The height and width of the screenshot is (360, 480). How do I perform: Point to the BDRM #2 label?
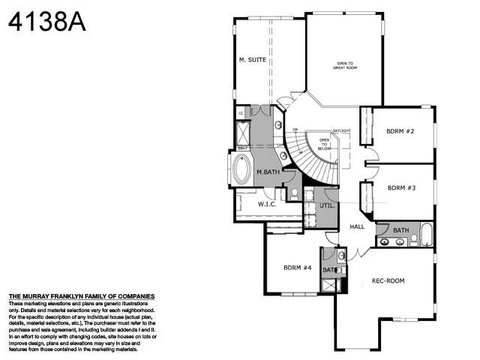pos(400,130)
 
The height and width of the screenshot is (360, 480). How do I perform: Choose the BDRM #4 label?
pos(297,267)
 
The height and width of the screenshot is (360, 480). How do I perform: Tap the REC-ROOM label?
pos(388,281)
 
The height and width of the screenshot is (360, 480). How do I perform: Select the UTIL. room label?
pos(327,205)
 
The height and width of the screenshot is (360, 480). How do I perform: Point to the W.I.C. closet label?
pos(268,203)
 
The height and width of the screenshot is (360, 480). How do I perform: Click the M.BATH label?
pos(268,172)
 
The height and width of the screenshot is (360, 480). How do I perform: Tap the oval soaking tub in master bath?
pos(242,169)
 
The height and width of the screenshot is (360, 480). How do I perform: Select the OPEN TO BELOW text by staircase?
pos(325,144)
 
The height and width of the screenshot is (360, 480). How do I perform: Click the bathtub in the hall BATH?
pos(426,235)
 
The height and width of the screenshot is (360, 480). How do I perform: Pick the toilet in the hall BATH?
pos(412,239)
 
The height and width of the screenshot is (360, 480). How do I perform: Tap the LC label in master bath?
pos(241,112)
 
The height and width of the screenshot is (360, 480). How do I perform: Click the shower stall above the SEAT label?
pos(244,133)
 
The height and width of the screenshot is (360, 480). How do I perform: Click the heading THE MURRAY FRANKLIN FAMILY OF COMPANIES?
pos(81,296)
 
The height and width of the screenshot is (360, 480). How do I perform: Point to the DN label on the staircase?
pos(295,130)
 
